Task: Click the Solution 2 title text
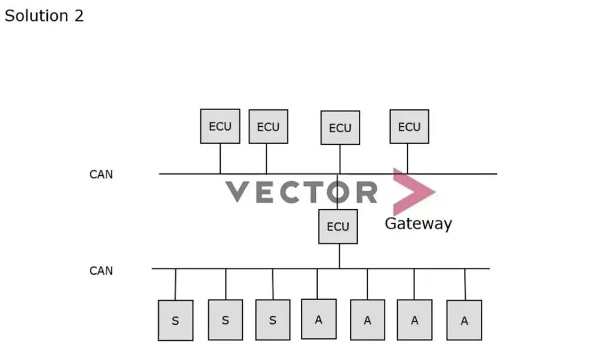(x=44, y=16)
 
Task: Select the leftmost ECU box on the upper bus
(x=220, y=126)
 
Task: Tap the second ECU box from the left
(x=268, y=127)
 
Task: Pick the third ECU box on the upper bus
(x=340, y=128)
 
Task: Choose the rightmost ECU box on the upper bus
(x=409, y=127)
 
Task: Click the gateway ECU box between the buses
(x=338, y=227)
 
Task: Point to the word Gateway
(x=418, y=224)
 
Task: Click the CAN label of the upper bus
(x=101, y=175)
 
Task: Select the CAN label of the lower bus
(x=101, y=271)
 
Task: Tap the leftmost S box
(x=175, y=321)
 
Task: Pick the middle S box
(x=225, y=320)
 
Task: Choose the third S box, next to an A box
(x=273, y=320)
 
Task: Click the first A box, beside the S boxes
(x=319, y=319)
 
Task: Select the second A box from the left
(x=367, y=320)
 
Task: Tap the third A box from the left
(x=414, y=320)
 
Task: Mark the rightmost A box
(x=464, y=321)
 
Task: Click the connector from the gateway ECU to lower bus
(x=339, y=256)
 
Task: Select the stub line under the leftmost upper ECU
(x=220, y=158)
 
